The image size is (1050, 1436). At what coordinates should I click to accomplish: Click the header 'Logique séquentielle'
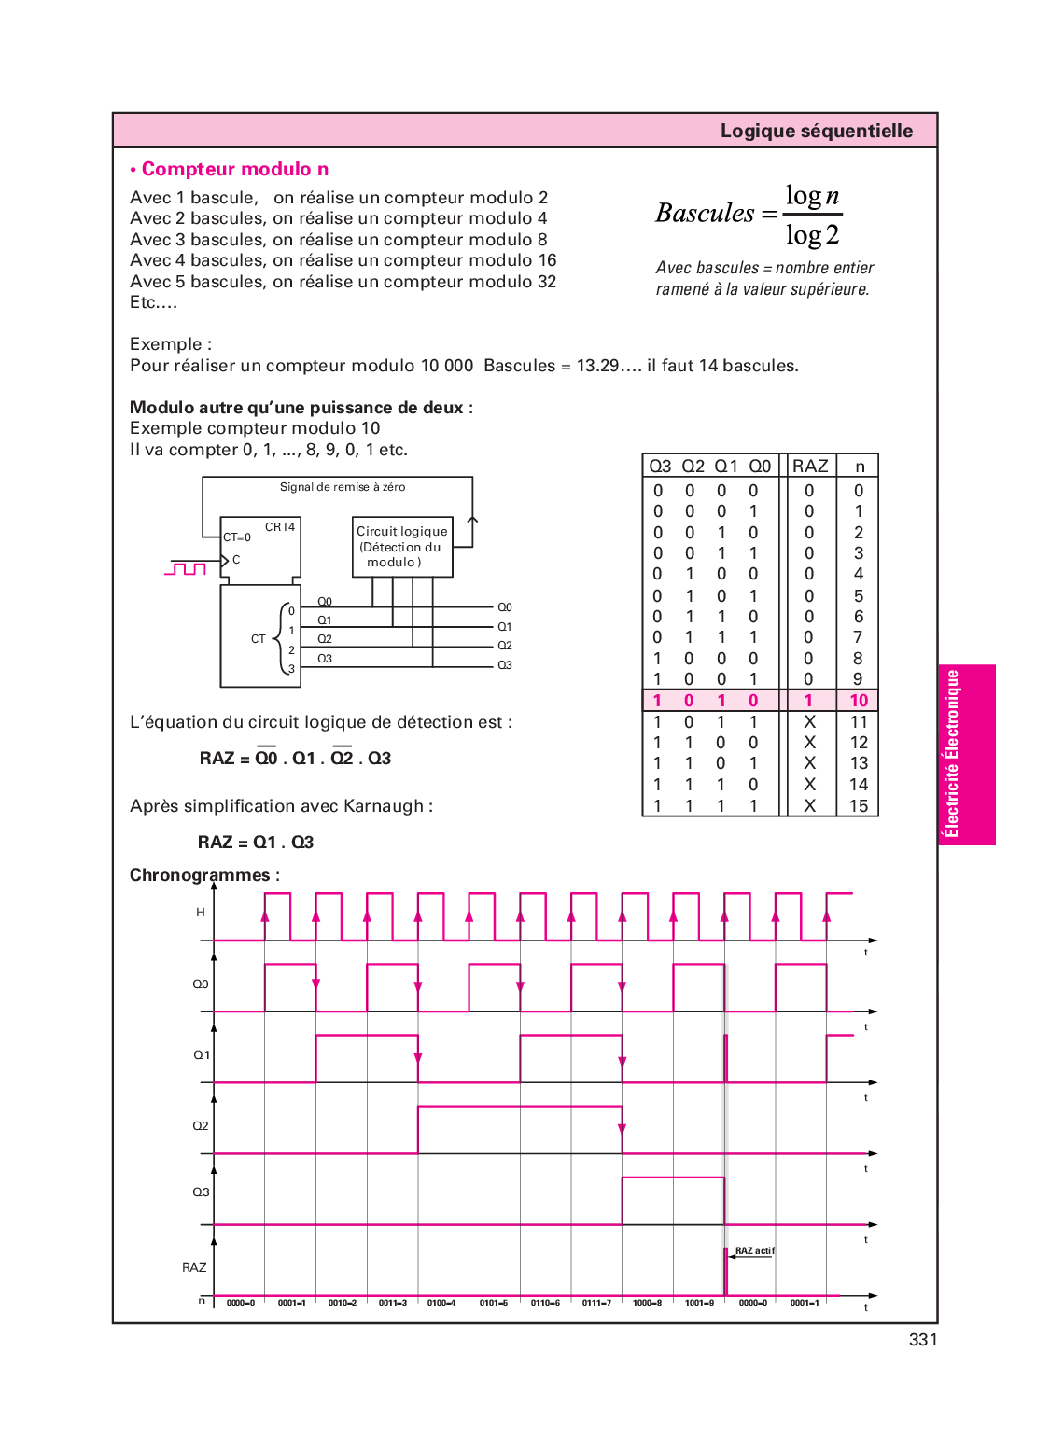tap(816, 131)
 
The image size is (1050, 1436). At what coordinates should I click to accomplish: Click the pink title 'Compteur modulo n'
tap(234, 169)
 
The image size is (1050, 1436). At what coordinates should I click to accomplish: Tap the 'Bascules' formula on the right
tap(748, 215)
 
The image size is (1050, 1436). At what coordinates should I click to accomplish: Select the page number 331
tap(922, 1340)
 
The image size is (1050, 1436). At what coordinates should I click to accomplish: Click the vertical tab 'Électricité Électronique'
tap(952, 754)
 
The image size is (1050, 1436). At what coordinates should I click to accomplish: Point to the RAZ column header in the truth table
tap(809, 466)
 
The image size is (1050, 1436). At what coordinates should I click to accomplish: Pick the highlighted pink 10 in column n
tap(859, 701)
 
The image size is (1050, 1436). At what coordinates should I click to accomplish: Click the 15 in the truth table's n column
tap(859, 805)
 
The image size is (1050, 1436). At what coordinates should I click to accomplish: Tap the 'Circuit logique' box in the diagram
tap(402, 547)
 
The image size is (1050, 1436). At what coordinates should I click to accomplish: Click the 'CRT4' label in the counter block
tap(280, 527)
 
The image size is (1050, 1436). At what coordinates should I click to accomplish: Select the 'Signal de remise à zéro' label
tap(343, 487)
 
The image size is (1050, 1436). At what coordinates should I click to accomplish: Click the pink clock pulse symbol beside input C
tap(185, 568)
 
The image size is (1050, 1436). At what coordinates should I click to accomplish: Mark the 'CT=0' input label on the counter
tap(237, 537)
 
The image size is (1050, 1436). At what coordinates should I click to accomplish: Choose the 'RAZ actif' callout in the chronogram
tap(754, 1251)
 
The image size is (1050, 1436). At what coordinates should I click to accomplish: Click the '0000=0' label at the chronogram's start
tap(241, 1304)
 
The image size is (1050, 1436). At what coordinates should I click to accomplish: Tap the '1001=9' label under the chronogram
tap(699, 1304)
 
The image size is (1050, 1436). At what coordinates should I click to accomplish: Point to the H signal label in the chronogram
tap(201, 913)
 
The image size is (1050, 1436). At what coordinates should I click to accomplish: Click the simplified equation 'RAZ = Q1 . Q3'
tap(256, 843)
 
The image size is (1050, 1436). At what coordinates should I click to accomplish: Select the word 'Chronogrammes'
tap(200, 875)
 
